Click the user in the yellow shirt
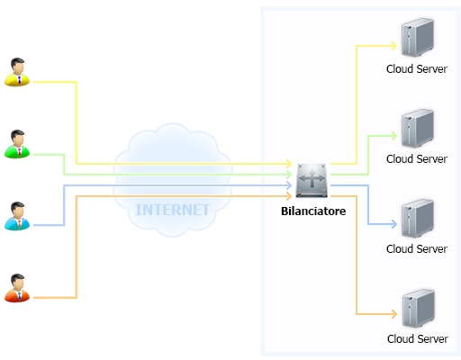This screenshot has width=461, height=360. pos(17,72)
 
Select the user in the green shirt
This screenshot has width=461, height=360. pos(17,144)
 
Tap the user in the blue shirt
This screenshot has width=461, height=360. pos(17,216)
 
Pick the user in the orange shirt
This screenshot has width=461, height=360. pos(17,288)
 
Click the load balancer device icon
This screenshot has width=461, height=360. pos(312,180)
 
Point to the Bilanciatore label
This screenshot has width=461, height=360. pos(313,211)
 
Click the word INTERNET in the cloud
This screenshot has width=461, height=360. pos(173,210)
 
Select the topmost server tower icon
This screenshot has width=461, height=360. pos(418,37)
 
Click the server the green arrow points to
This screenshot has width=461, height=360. pos(418,128)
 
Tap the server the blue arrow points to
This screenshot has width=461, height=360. pos(418,218)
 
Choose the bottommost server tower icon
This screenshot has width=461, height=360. pos(418,308)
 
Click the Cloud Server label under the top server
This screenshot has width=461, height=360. pos(417,69)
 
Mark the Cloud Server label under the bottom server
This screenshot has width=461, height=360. pos(418,339)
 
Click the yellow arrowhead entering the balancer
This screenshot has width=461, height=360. pos(289,164)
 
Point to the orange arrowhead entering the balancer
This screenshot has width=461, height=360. pos(289,196)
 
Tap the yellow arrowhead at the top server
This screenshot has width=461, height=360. pos(394,46)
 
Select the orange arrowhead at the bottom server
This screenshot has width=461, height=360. pos(394,314)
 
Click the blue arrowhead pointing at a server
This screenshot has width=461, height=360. pos(394,224)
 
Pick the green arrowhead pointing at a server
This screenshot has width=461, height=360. pos(394,136)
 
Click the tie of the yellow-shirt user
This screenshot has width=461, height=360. pos(20,80)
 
